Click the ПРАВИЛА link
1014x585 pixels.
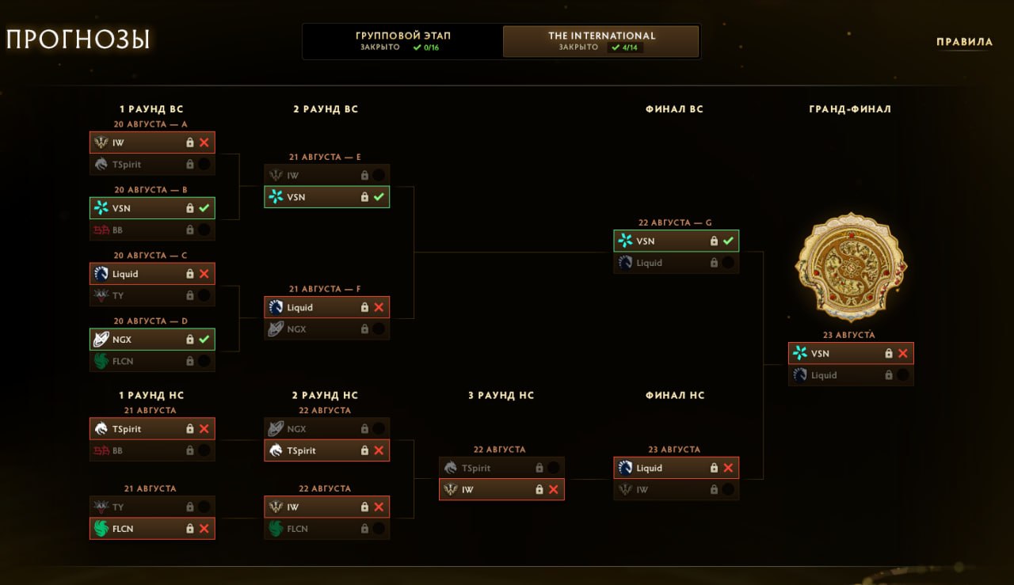coord(964,42)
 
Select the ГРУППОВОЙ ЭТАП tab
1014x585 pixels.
coord(402,41)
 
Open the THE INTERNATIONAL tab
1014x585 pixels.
coord(601,41)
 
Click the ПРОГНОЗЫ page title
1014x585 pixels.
coord(78,40)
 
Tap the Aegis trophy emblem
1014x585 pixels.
coord(851,268)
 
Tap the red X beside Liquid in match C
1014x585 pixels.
coord(204,274)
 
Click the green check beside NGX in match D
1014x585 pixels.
coord(204,339)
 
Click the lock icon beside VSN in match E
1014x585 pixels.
coord(364,197)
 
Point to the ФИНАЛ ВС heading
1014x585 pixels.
coord(674,109)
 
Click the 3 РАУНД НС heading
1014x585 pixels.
coord(501,396)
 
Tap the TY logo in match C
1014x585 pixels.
coord(101,295)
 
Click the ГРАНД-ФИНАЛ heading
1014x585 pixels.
coord(850,109)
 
